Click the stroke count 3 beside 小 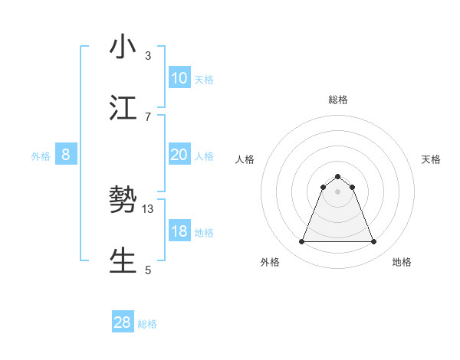[x=148, y=55]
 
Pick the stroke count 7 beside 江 [x=148, y=116]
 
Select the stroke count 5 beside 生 [x=148, y=270]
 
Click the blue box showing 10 [x=179, y=78]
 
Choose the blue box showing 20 [x=179, y=155]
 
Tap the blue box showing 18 [x=179, y=231]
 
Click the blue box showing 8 [x=66, y=155]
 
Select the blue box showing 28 [x=123, y=322]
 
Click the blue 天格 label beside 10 [x=204, y=79]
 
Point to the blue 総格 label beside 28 [x=147, y=324]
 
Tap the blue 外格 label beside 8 [x=41, y=155]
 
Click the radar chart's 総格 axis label [x=338, y=100]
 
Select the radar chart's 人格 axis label [x=245, y=159]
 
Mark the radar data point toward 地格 [x=373, y=242]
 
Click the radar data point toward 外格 [x=301, y=242]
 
